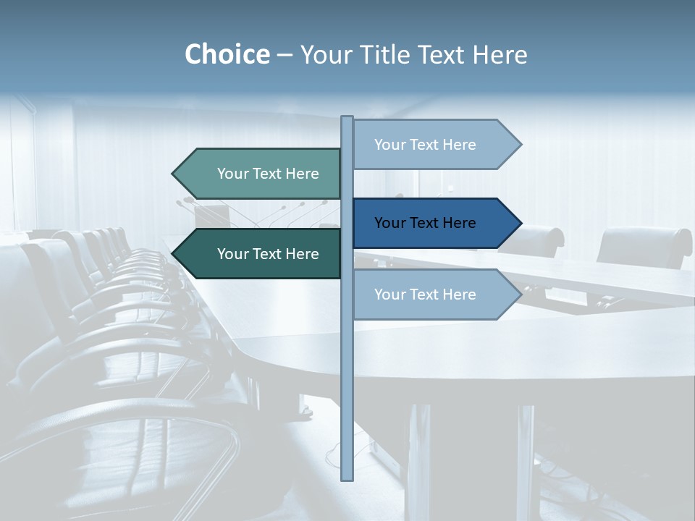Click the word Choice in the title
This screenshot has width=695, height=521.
pyautogui.click(x=227, y=54)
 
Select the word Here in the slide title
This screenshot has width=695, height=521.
pyautogui.click(x=500, y=55)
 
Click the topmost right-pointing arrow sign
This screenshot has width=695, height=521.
pyautogui.click(x=434, y=145)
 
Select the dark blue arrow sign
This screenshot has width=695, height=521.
pyautogui.click(x=434, y=223)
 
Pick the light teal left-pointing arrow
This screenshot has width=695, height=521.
pyautogui.click(x=261, y=174)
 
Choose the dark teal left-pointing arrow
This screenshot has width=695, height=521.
pyautogui.click(x=261, y=254)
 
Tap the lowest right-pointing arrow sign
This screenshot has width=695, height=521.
pyautogui.click(x=434, y=295)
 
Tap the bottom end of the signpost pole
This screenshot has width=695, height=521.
pyautogui.click(x=347, y=478)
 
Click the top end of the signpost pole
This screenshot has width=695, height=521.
pyautogui.click(x=347, y=119)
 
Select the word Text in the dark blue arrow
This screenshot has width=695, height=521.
pyautogui.click(x=426, y=223)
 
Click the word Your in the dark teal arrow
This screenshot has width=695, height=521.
pyautogui.click(x=232, y=254)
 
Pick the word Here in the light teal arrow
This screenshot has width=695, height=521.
pyautogui.click(x=303, y=174)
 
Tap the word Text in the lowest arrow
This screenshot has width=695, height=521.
pyautogui.click(x=426, y=295)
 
